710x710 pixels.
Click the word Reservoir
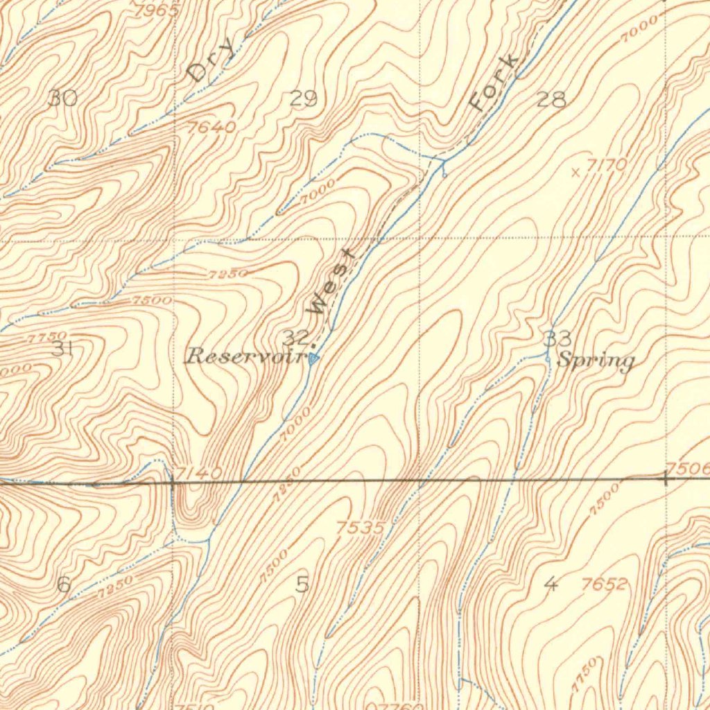245,357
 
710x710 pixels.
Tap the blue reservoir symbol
314,359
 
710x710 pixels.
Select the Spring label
596,361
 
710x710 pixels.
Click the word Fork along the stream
494,83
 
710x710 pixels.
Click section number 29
303,98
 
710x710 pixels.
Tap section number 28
551,99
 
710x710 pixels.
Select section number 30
63,98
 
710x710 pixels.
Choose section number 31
62,349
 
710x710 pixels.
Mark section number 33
557,339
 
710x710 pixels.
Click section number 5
302,585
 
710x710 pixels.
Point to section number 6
63,585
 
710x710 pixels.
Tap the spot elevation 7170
607,165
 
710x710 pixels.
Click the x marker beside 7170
575,173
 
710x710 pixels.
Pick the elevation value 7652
604,585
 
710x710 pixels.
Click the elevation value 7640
211,128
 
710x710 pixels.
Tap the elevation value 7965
159,10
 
